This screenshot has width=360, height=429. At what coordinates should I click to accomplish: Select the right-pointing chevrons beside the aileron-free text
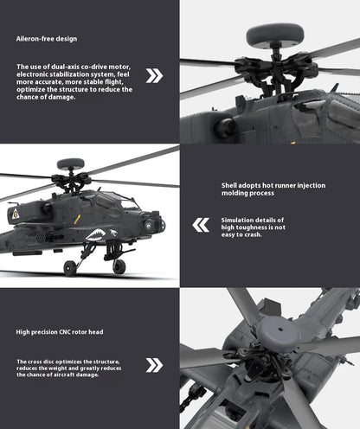point(154,75)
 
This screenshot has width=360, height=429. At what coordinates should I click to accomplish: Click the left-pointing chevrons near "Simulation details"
point(201,226)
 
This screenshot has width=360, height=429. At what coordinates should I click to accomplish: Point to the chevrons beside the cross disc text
point(154,364)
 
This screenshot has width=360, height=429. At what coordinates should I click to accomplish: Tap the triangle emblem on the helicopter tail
point(14,211)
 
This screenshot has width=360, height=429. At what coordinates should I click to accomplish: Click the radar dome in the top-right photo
point(274,35)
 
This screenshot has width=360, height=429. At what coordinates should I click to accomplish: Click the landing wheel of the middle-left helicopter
point(118,266)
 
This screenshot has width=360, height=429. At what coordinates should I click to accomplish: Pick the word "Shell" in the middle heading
point(228,185)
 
